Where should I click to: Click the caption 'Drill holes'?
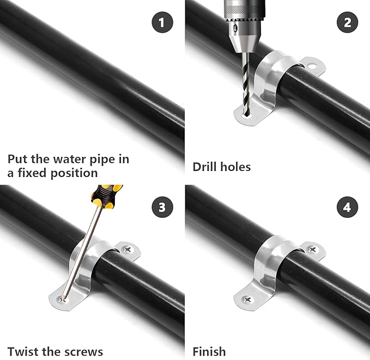tap(222, 167)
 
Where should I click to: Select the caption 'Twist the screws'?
tap(55, 351)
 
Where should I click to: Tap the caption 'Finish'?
tap(209, 351)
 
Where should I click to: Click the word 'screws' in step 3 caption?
tap(85, 351)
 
